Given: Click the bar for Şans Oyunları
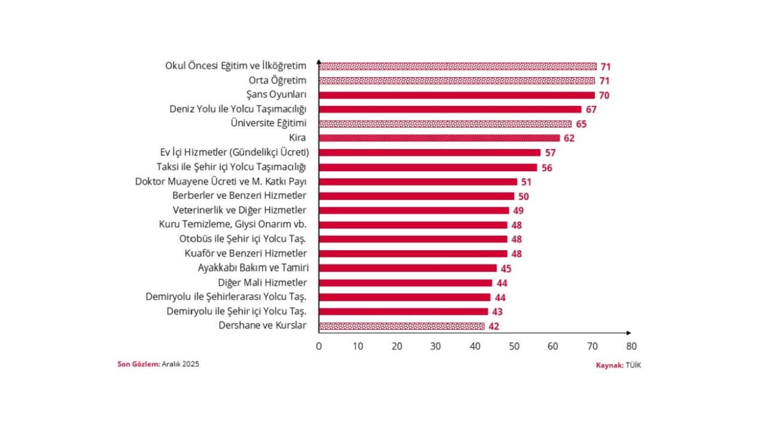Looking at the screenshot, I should [457, 95].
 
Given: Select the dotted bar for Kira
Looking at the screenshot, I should [439, 138].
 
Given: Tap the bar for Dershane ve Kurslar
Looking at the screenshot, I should [402, 326].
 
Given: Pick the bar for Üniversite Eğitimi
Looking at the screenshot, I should [445, 124].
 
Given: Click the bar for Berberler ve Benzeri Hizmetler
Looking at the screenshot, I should [417, 196].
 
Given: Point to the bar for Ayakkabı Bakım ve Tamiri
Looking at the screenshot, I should [408, 268].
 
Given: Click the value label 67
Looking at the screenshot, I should [591, 110].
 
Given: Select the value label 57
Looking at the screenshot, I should [551, 153].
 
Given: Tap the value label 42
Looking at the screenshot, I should [493, 327].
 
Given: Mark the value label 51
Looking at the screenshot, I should [527, 182].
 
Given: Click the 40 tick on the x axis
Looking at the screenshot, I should [475, 346].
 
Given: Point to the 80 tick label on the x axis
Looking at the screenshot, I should [631, 346].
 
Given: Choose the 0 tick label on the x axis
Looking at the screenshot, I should [319, 346].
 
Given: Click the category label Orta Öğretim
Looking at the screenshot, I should [278, 80].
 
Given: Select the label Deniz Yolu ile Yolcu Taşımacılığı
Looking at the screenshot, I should [238, 109].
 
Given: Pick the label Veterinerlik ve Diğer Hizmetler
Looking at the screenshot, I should [239, 210].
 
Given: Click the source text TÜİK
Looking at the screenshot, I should [633, 365].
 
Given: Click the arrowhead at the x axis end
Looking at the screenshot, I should [628, 333].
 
